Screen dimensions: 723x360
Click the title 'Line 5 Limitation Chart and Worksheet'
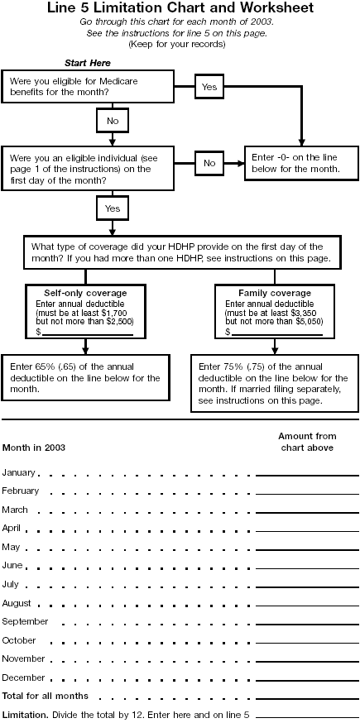point(180,7)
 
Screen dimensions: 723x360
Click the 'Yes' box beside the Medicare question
point(209,86)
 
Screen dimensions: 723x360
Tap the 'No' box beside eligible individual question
point(209,163)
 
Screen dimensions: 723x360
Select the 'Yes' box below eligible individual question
point(112,208)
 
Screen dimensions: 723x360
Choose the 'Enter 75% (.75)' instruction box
point(274,384)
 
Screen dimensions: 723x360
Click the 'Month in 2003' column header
point(34,448)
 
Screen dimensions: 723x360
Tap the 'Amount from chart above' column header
point(307,442)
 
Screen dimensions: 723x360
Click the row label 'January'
point(19,472)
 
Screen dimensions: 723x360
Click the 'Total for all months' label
point(45,696)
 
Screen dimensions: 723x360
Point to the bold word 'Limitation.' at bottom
point(25,714)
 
